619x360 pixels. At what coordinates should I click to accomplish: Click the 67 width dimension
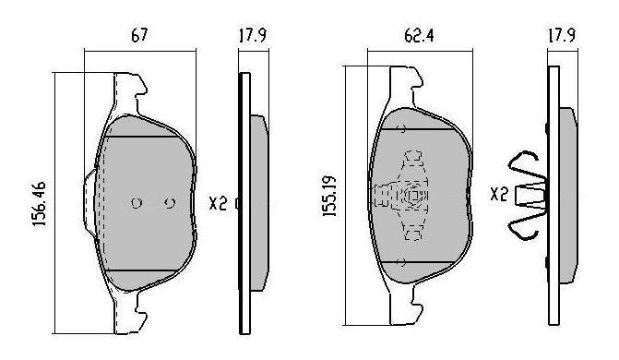point(139,35)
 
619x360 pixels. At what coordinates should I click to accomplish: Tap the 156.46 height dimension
point(40,204)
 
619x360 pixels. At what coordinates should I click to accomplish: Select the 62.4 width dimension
point(419,36)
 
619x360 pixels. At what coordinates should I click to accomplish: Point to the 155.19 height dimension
point(329,197)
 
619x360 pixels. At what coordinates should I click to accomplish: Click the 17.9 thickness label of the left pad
point(253,35)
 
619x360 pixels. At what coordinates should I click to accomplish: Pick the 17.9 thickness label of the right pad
point(562,35)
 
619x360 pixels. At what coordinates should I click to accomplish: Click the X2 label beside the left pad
point(218,204)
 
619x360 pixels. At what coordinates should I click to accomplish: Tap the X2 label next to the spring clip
point(498,194)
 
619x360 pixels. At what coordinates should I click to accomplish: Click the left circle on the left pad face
point(137,203)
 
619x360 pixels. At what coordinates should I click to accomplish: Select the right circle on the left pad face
point(170,203)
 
